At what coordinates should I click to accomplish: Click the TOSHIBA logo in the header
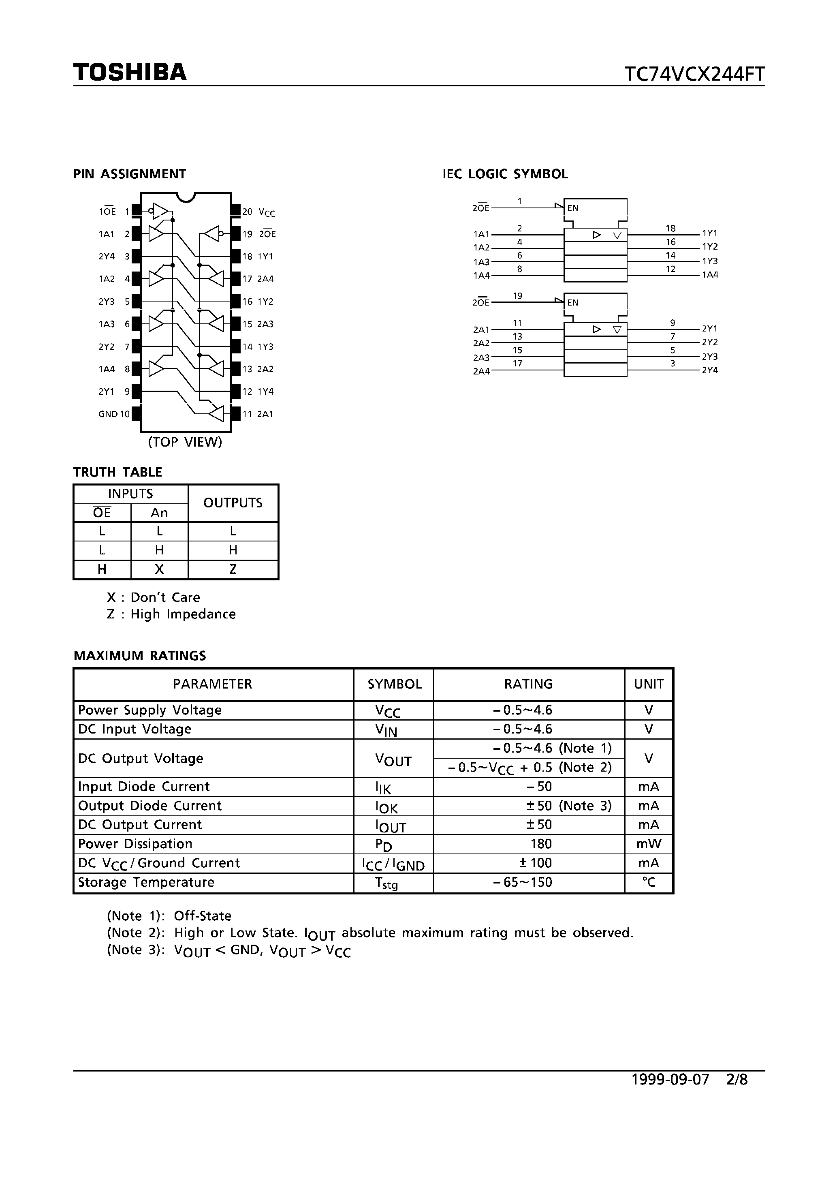point(130,72)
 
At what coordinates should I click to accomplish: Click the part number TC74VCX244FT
point(694,74)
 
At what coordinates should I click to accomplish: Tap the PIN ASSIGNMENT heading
point(130,174)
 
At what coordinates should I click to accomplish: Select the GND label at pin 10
point(108,414)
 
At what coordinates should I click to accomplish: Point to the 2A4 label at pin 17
point(265,279)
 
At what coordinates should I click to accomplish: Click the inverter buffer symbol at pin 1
point(160,211)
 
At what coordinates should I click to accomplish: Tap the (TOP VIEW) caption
point(185,442)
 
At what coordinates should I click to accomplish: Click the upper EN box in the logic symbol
point(596,209)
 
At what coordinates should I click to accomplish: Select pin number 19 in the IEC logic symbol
point(518,296)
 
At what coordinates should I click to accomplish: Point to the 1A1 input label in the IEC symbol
point(481,234)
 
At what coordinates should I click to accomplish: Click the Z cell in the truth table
point(233,569)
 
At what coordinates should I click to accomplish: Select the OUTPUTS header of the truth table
point(233,503)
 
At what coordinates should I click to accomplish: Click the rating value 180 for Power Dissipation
point(541,844)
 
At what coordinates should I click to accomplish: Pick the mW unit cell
point(649,844)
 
